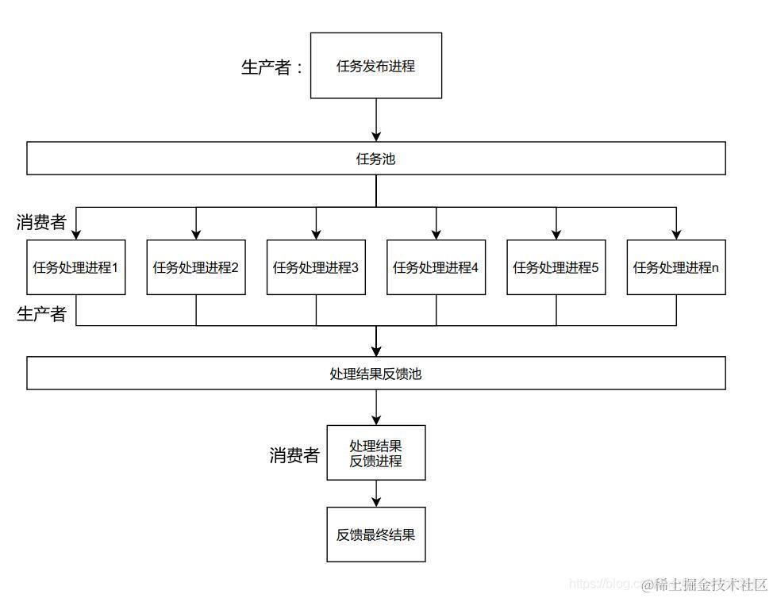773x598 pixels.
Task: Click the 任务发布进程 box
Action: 375,66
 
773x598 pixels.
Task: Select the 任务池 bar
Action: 375,159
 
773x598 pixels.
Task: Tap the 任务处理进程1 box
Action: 75,267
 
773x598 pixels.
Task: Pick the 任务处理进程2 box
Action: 196,267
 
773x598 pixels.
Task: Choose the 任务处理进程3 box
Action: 316,267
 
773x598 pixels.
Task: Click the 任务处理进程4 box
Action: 436,267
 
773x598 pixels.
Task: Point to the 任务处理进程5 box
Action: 556,267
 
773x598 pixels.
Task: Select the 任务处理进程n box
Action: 676,267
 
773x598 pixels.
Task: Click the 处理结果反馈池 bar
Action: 375,374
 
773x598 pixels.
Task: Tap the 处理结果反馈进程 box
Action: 375,453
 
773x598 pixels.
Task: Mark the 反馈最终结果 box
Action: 375,535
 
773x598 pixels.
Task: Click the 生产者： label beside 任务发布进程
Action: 272,67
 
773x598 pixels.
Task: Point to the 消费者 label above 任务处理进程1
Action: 41,223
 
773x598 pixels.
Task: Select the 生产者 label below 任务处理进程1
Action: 41,315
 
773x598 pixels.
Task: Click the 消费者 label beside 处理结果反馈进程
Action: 294,455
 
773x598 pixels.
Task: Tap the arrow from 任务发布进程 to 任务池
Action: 376,121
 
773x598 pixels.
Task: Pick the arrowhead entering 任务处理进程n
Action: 676,233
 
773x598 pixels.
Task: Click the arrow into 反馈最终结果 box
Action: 376,494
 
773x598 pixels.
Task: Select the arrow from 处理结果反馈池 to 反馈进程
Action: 376,408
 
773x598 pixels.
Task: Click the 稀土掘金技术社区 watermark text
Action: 703,585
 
